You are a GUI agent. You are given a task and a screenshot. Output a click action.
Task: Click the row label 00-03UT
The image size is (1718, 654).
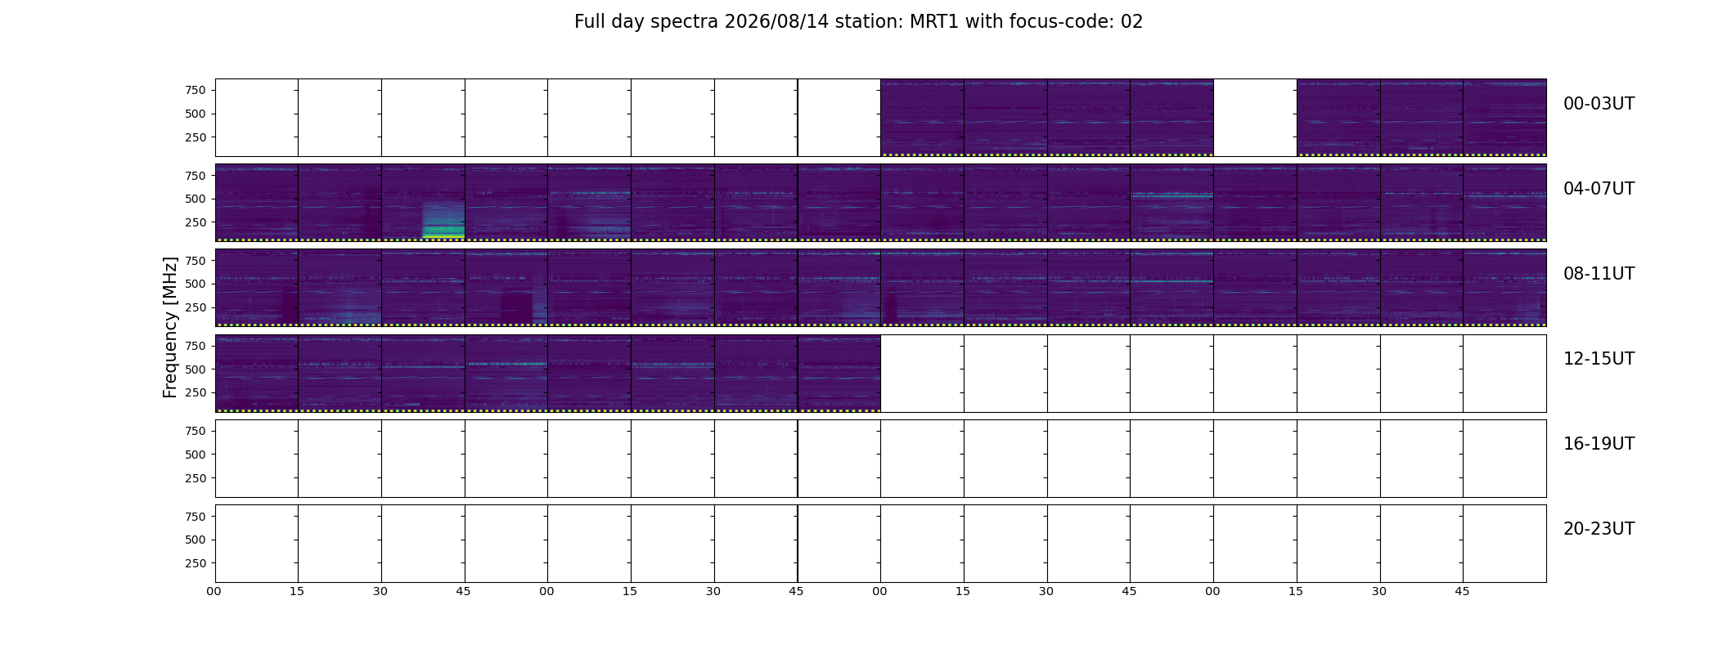coord(1599,104)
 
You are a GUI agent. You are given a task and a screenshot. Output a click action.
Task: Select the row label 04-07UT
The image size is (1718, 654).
coord(1599,189)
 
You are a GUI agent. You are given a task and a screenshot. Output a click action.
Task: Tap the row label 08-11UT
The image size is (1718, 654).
coord(1599,274)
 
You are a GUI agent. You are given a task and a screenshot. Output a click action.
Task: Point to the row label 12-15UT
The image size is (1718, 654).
coord(1599,359)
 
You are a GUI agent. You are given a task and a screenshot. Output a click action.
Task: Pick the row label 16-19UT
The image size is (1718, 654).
coord(1599,444)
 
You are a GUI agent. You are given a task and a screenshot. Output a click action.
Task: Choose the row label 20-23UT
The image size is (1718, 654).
coord(1599,529)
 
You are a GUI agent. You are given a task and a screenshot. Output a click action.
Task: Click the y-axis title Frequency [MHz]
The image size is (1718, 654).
coord(170,327)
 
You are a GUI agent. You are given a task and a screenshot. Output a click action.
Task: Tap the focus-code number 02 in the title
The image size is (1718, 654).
coord(1131,22)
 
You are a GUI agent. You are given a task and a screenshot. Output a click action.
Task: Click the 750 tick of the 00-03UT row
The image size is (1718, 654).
coord(195,90)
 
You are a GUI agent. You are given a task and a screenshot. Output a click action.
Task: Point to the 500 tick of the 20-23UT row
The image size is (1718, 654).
coord(195,540)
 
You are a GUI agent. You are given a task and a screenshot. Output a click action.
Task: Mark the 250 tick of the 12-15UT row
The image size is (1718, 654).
coord(195,393)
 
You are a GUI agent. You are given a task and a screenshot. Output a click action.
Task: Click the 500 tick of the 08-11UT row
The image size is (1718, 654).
coord(195,284)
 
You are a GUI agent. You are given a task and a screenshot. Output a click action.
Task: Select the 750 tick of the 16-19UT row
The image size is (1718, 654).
coord(195,431)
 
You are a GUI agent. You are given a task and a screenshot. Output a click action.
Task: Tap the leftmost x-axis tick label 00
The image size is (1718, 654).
coord(214,591)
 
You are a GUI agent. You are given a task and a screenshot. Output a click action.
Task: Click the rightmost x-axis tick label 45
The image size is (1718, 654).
coord(1462,591)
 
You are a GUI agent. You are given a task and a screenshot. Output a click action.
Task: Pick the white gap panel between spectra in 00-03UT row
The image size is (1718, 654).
coord(1255,118)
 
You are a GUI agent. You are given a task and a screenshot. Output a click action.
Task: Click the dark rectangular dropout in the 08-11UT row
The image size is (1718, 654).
coord(516,307)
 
